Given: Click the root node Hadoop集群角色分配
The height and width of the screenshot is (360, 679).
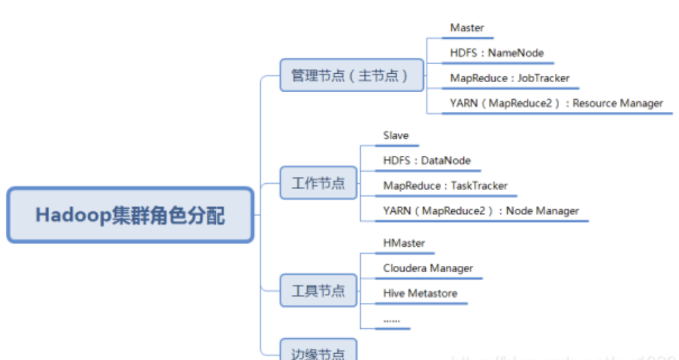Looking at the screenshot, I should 130,215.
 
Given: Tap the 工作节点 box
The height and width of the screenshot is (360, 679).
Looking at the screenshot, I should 318,183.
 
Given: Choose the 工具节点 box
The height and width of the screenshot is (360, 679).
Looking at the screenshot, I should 318,291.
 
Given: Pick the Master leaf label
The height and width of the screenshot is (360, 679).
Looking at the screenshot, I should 467,28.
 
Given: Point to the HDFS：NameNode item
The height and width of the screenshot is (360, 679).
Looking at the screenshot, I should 496,53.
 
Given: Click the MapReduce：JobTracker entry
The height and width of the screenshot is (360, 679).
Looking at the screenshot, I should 510,78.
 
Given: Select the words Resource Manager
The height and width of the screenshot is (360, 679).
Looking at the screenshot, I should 618,103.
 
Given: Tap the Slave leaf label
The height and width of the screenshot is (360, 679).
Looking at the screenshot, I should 396,135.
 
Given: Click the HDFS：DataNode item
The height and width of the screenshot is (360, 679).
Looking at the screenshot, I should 427,161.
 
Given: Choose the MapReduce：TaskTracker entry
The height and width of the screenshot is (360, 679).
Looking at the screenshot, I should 445,186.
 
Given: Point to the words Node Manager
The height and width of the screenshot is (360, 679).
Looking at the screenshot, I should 542,211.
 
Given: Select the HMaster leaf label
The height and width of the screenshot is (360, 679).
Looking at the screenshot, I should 404,243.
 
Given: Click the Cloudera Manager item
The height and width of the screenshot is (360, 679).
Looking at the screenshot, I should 428,268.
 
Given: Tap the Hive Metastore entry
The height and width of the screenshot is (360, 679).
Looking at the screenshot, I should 420,293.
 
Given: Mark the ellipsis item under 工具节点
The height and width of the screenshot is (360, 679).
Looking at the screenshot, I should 391,321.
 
